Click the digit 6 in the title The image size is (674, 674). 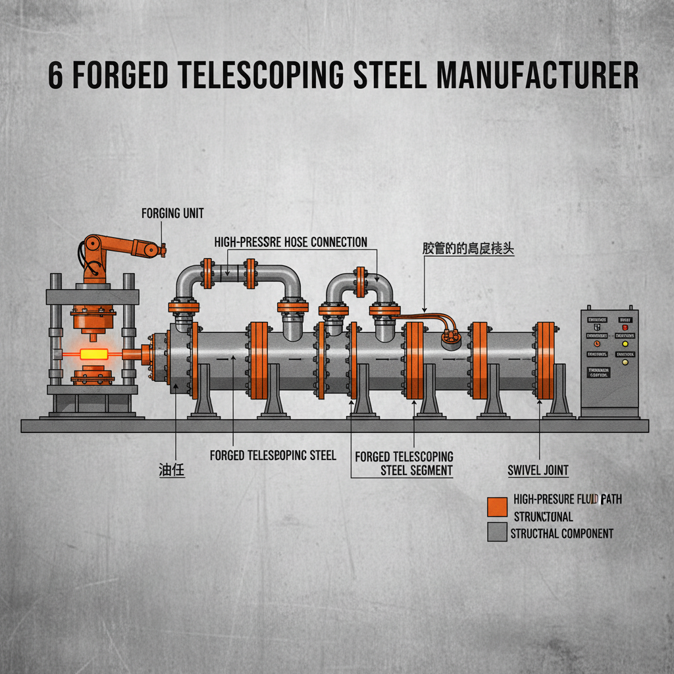pos(56,76)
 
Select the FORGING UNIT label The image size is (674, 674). pos(172,213)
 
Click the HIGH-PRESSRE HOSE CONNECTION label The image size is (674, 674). pos(290,242)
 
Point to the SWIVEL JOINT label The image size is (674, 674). pos(538,471)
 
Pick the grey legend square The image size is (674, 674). pos(497,532)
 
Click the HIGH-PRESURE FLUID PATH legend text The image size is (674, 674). pos(567,500)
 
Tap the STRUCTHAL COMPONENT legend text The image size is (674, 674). pos(561,533)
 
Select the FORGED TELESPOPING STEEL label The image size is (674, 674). pos(272,455)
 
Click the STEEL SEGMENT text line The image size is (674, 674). pos(417,470)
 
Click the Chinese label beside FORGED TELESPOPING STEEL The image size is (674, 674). pos(171,471)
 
